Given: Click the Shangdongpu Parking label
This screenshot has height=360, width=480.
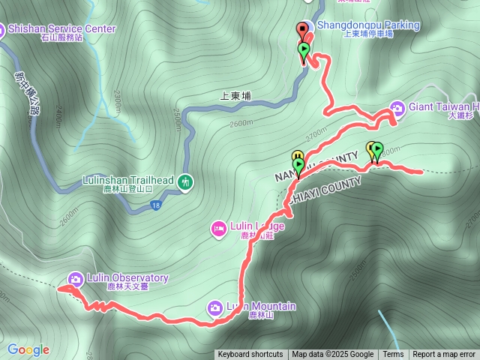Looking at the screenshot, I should [x=368, y=25].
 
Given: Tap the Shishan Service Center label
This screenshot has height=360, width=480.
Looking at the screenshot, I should [x=62, y=29].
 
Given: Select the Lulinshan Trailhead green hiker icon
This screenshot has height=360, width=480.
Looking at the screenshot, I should [x=186, y=181].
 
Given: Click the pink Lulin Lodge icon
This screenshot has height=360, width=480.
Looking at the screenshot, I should [x=218, y=228].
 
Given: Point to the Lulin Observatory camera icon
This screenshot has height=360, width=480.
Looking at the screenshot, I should [x=75, y=278].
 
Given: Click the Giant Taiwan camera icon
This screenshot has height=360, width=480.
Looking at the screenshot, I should [x=397, y=106].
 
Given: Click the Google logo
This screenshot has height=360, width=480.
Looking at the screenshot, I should [x=28, y=349].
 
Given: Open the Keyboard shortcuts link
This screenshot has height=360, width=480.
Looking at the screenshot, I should [x=250, y=355].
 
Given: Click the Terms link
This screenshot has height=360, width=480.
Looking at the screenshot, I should [x=393, y=355].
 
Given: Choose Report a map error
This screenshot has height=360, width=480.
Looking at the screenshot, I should [x=444, y=355].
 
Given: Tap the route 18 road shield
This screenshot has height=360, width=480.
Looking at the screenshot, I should [x=155, y=205].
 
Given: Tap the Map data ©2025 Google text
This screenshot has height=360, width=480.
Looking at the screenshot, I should [x=333, y=355].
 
